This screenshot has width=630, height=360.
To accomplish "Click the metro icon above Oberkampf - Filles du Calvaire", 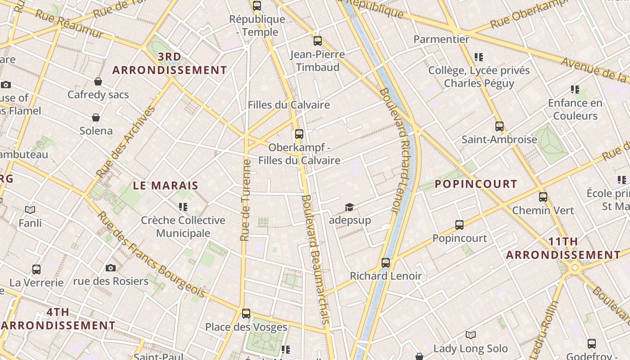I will pyautogui.click(x=299, y=134).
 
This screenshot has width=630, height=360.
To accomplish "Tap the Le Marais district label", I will pyautogui.click(x=166, y=185).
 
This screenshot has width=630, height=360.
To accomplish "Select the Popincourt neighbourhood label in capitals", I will pyautogui.click(x=476, y=184).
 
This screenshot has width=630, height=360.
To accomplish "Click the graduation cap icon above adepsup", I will pyautogui.click(x=349, y=207).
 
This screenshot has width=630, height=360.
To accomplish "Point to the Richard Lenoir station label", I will pyautogui.click(x=386, y=276).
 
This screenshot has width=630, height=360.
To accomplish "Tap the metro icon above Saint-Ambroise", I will pyautogui.click(x=499, y=126).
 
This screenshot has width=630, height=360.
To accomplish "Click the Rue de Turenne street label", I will pyautogui.click(x=246, y=200).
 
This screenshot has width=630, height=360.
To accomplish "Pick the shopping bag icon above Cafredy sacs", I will pyautogui.click(x=98, y=81).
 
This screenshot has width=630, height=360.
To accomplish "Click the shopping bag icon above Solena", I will pyautogui.click(x=96, y=117).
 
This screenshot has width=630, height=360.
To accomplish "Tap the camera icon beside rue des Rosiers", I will pyautogui.click(x=110, y=268).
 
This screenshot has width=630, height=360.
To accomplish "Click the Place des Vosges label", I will pyautogui.click(x=246, y=327).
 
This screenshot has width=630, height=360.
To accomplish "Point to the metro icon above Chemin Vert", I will pyautogui.click(x=543, y=197).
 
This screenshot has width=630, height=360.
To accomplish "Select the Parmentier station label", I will pyautogui.click(x=441, y=40).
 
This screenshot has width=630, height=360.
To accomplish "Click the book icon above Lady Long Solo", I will pyautogui.click(x=470, y=335).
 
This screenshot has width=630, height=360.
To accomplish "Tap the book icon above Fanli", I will pyautogui.click(x=30, y=210).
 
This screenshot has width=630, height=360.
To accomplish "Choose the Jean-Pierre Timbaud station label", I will pyautogui.click(x=317, y=61).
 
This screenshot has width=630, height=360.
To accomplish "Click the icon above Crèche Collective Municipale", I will pyautogui.click(x=183, y=207).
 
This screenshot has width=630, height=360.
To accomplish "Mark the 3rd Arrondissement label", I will pyautogui.click(x=170, y=63).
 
